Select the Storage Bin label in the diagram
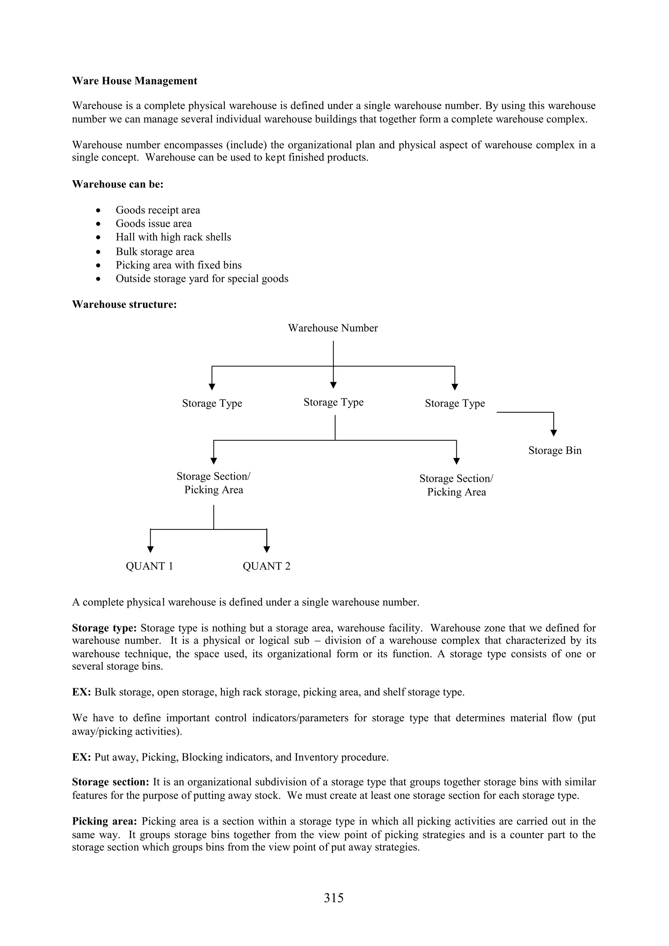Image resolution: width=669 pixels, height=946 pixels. (x=555, y=450)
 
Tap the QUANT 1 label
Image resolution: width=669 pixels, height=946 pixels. (x=149, y=566)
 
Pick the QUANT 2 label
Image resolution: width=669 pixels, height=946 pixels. (x=266, y=566)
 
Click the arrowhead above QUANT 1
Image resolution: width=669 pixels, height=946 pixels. (x=151, y=549)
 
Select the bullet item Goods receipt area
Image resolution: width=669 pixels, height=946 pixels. (x=158, y=210)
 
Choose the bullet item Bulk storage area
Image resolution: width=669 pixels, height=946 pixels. (x=155, y=252)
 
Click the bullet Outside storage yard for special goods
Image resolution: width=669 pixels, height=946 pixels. (x=202, y=279)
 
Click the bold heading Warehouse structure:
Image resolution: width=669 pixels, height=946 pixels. (x=124, y=305)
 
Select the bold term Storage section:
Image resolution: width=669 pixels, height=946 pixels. (x=110, y=782)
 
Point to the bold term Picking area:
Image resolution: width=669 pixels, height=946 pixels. (x=104, y=821)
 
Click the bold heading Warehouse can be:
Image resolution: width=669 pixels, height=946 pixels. (x=118, y=184)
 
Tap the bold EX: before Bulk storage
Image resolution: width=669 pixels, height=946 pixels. (x=82, y=692)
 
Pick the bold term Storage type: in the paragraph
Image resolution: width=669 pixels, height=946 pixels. (x=104, y=628)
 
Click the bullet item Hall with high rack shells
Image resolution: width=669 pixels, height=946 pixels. (x=173, y=237)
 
